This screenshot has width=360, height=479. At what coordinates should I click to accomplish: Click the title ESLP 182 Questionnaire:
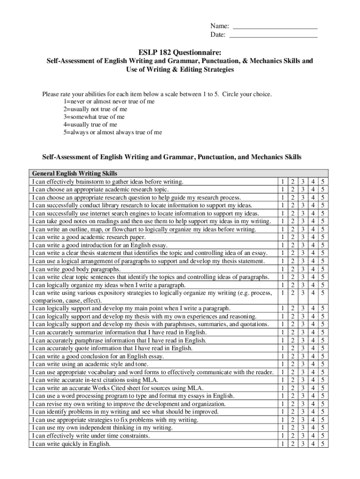click(180, 52)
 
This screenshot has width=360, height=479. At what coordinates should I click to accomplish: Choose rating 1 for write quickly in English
click(282, 443)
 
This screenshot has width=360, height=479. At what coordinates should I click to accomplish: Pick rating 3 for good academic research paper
click(302, 237)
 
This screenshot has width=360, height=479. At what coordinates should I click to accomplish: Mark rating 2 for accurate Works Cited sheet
click(292, 388)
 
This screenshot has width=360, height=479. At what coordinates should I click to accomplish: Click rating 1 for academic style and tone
click(282, 364)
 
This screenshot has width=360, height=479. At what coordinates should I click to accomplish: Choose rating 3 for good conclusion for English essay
click(302, 356)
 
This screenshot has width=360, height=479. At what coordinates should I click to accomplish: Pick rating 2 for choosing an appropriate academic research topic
click(292, 189)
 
